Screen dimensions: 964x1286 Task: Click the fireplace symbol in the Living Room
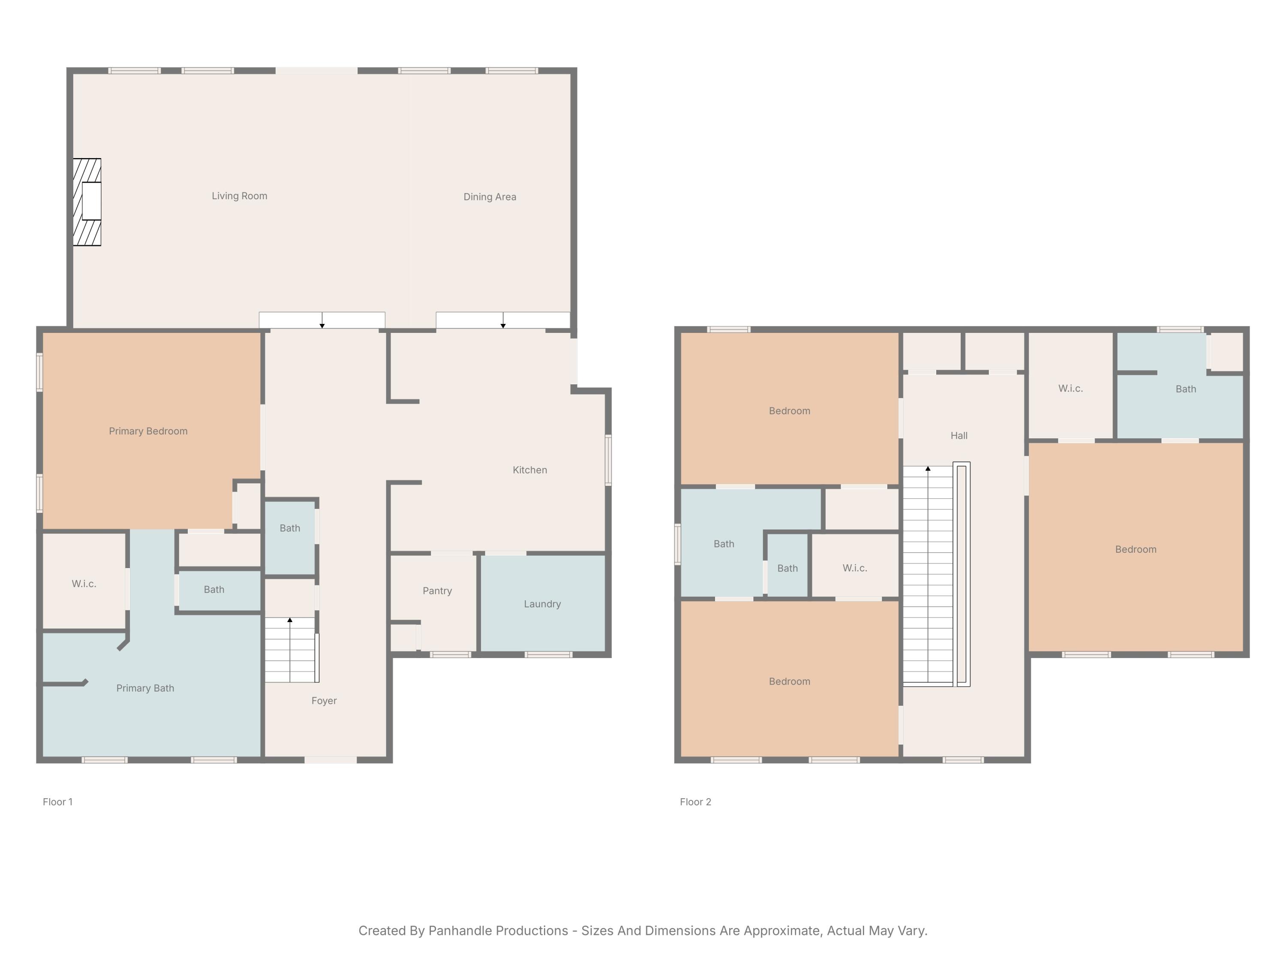(87, 202)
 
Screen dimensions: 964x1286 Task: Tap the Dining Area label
(490, 197)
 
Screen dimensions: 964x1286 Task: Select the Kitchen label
(529, 470)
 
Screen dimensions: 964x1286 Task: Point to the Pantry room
(437, 591)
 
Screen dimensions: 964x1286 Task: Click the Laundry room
(542, 604)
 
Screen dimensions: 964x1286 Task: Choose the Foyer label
(324, 701)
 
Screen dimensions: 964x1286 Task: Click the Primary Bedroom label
(148, 431)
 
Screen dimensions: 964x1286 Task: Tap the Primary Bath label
(145, 689)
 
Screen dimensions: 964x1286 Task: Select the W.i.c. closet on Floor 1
(84, 584)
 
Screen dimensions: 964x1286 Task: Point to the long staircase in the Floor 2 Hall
(928, 575)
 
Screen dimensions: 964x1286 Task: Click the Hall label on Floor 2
(958, 436)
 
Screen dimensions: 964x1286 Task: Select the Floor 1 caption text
(57, 802)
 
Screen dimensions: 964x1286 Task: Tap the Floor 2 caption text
(695, 802)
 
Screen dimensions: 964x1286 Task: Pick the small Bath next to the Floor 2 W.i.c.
(787, 568)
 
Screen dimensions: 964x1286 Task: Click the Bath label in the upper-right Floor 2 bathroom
(1185, 389)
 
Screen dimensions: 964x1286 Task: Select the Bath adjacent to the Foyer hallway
(289, 528)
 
